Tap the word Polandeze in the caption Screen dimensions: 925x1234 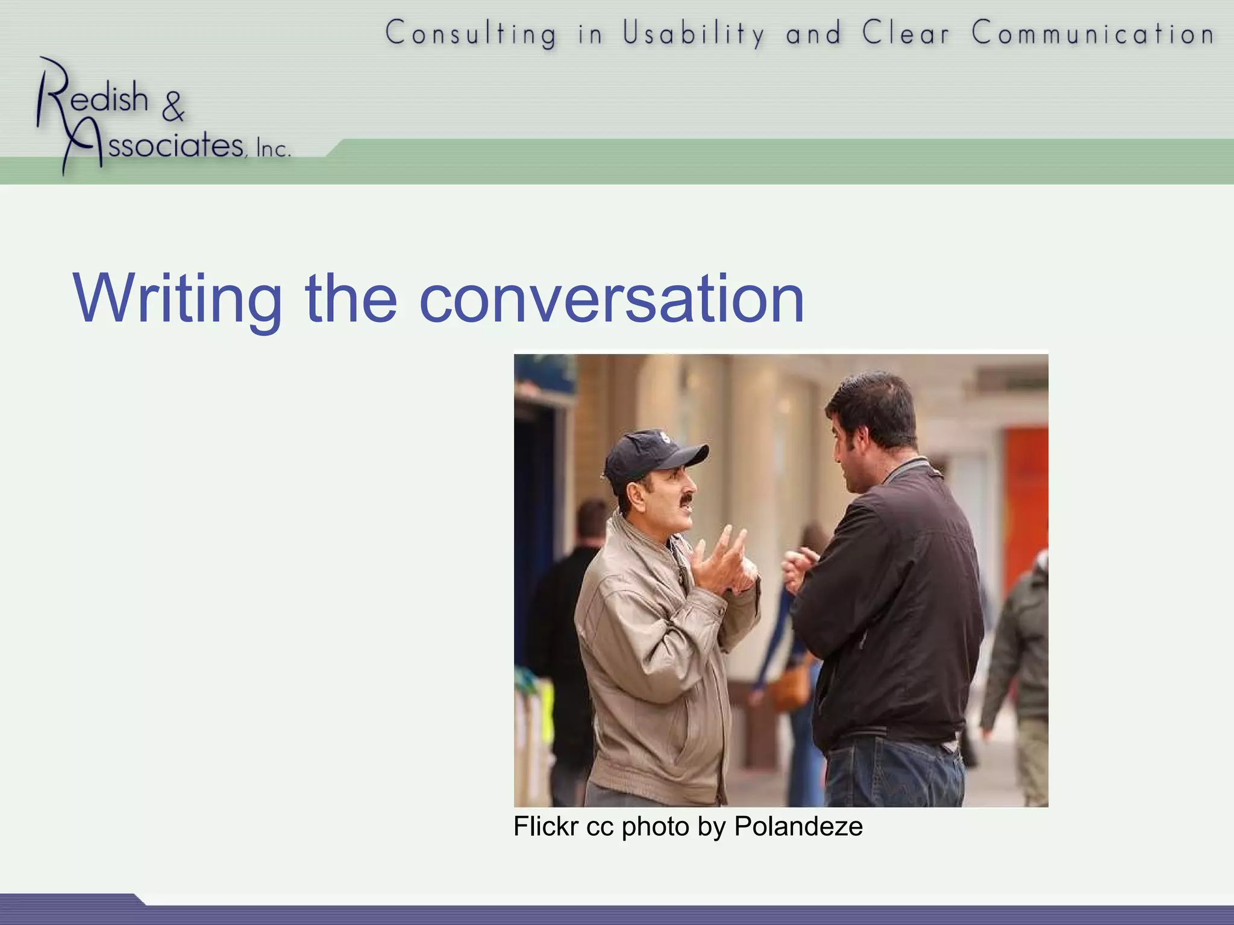[x=798, y=826]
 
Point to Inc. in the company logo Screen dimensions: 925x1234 [x=273, y=148]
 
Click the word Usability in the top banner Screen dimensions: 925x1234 [x=693, y=34]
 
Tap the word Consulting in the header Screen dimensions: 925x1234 [x=471, y=34]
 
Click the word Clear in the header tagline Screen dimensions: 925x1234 [x=906, y=34]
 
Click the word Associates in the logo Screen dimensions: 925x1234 [x=175, y=145]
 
